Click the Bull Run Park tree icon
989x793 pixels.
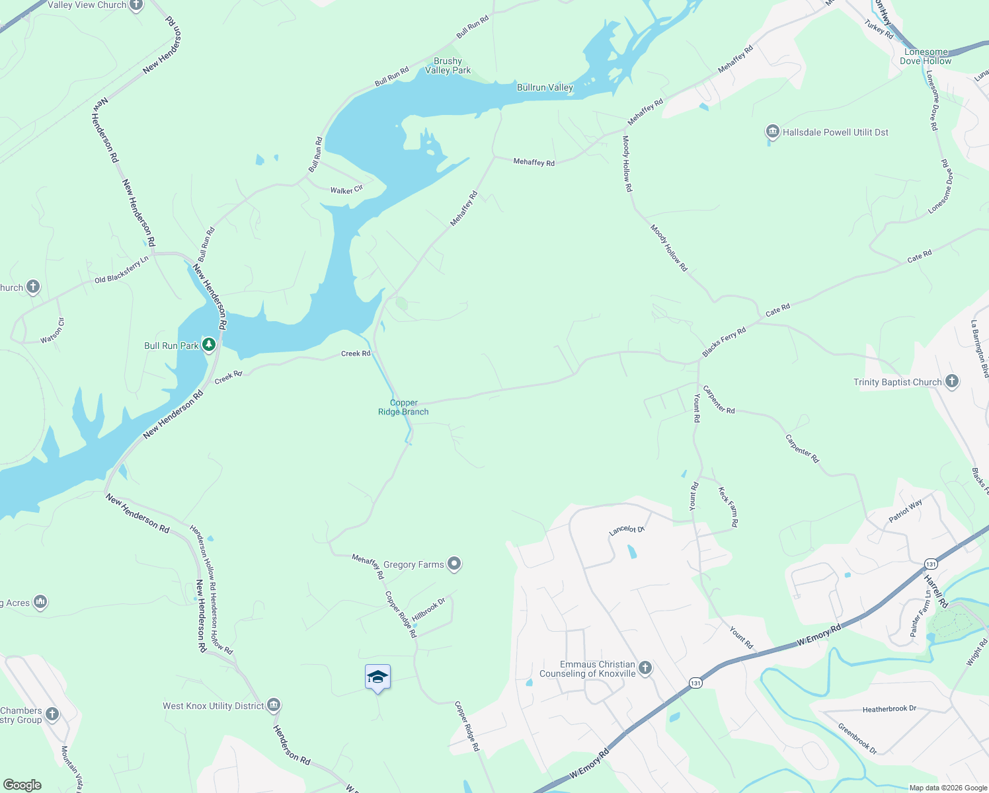(209, 345)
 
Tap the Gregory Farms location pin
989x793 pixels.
(454, 564)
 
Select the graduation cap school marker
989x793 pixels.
(377, 677)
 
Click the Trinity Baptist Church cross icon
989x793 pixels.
(951, 381)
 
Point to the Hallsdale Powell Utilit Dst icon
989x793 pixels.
(772, 132)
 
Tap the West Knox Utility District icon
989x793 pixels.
(274, 705)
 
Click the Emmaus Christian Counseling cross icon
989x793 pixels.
(645, 668)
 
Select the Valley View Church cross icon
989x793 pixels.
(136, 5)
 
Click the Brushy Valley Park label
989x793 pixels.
(448, 65)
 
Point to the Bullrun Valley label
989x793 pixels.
(545, 87)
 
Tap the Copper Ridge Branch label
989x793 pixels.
(403, 407)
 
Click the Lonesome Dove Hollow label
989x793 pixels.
(926, 56)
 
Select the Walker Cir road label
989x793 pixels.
(346, 190)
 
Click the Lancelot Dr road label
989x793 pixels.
(626, 529)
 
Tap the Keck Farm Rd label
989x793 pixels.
(728, 507)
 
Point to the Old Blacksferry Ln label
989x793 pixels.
(122, 271)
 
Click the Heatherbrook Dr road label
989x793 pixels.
(889, 709)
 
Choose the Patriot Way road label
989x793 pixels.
(905, 511)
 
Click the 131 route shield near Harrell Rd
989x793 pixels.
(931, 564)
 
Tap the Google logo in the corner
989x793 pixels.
(22, 784)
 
